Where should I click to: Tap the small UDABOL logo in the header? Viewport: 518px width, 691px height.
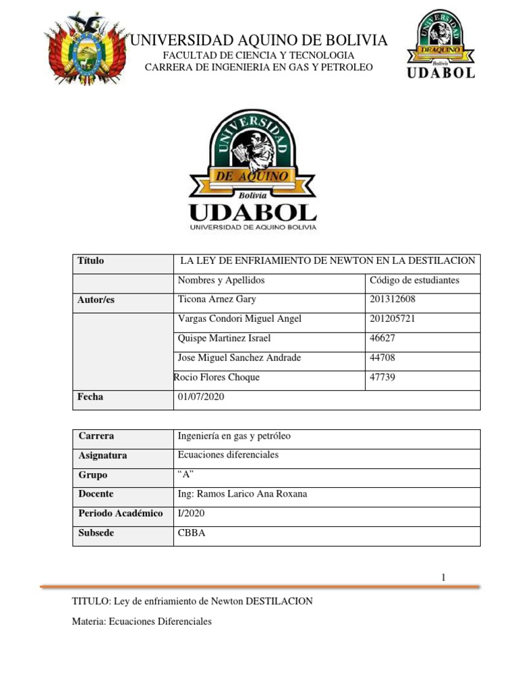[x=440, y=45]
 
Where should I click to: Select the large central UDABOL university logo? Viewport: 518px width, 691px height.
[x=252, y=170]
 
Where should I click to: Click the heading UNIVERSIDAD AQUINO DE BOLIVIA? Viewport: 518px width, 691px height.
[x=258, y=40]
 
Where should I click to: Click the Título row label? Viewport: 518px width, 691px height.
[x=91, y=260]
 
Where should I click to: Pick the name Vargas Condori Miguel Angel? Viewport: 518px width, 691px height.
[x=239, y=319]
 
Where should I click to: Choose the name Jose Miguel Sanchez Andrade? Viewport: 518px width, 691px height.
[x=239, y=358]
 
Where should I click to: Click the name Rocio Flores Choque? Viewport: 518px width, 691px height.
[x=217, y=377]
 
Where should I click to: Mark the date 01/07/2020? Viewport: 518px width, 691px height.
[x=200, y=397]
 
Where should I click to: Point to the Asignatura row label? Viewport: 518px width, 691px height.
[x=103, y=455]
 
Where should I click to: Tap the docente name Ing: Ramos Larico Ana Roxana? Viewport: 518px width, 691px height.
[x=241, y=494]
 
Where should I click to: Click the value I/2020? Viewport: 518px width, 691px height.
[x=190, y=514]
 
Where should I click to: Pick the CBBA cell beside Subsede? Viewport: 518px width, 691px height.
[x=191, y=533]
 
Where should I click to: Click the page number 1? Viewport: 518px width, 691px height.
[x=443, y=577]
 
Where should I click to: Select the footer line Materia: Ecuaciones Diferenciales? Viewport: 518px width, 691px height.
[x=142, y=621]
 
